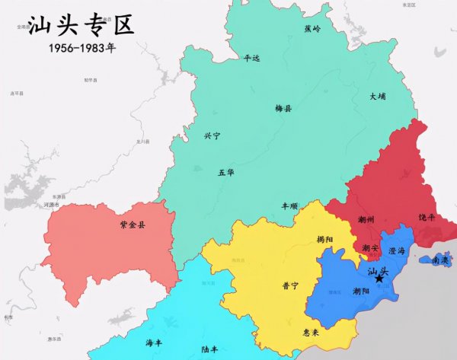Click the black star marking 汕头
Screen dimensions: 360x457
coord(379,279)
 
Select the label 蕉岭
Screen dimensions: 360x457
coord(313,29)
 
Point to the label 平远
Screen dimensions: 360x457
coord(251,57)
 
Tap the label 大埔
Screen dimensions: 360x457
coord(379,97)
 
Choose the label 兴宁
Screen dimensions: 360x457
coord(212,136)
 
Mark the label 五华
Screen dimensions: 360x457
coord(226,173)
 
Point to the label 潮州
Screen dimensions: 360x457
coord(366,220)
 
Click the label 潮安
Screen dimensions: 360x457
coord(370,247)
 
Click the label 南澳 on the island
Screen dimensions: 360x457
coord(440,260)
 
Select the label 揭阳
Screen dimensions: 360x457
coord(325,239)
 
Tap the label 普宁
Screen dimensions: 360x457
coord(289,286)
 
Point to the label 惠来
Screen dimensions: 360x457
coord(311,333)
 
